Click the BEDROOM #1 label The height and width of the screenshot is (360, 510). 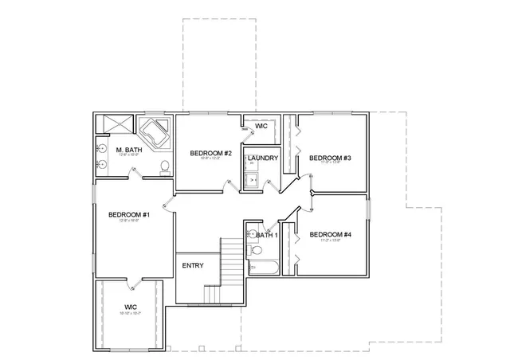pos(130,215)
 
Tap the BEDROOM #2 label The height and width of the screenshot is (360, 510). pos(210,153)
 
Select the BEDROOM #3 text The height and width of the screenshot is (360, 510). pos(331,158)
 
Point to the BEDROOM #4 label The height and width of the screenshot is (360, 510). pos(331,234)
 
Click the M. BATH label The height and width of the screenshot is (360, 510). pos(128,150)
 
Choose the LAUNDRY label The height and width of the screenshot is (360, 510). pos(262,158)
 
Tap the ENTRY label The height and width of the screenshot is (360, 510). pos(193,265)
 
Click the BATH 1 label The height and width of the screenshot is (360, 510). pos(266,235)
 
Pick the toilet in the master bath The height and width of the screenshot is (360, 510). pos(163,166)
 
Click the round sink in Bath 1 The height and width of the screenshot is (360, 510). pos(250,234)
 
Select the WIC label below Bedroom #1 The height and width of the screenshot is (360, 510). pos(130,307)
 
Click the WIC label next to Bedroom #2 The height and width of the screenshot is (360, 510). pos(261,126)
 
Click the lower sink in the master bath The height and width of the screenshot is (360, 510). pos(102,166)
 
